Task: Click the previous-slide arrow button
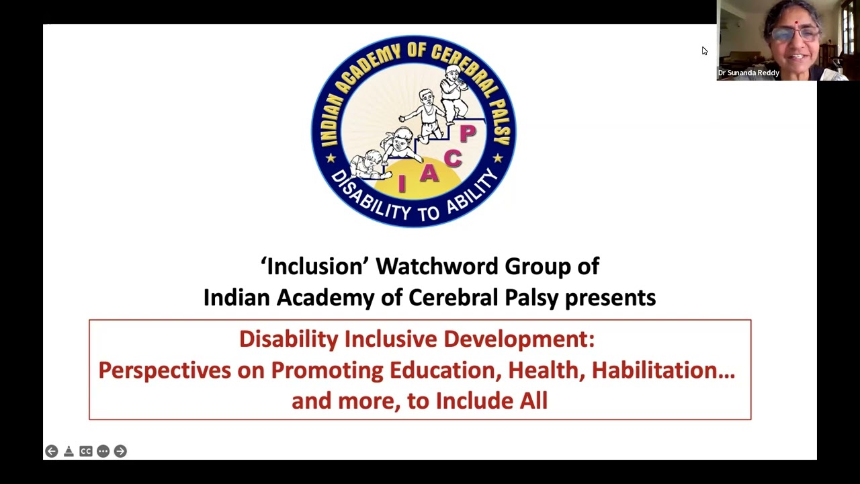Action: (x=52, y=451)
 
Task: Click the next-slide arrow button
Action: (x=120, y=451)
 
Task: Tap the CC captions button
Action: (x=86, y=451)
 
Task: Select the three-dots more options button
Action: (x=103, y=451)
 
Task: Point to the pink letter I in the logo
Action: (x=402, y=184)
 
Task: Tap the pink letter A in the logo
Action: (x=429, y=173)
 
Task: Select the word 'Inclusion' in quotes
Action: (x=315, y=266)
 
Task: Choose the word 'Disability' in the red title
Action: (x=288, y=339)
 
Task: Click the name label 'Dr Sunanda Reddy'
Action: (x=748, y=73)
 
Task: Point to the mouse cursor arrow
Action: (x=704, y=50)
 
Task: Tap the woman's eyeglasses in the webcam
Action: (x=795, y=33)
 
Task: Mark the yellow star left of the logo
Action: (x=331, y=159)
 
